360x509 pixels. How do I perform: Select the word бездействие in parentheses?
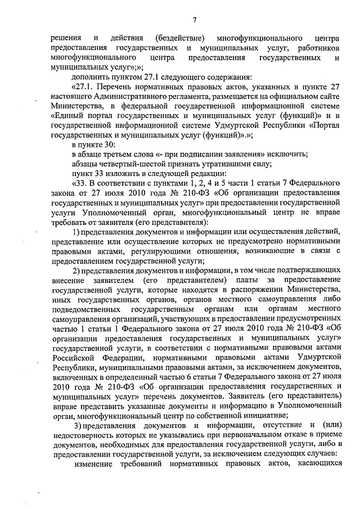[x=179, y=38]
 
